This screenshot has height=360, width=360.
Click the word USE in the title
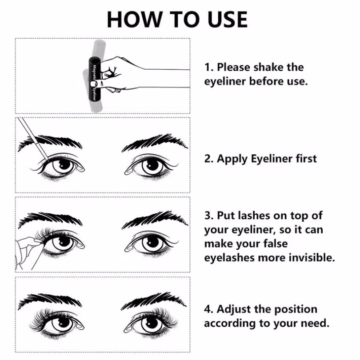coord(227,19)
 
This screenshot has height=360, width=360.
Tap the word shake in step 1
coord(268,67)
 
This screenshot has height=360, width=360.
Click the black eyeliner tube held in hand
coord(95,79)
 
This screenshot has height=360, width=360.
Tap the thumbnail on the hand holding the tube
coord(92,84)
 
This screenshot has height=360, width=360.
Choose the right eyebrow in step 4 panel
coord(154,302)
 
